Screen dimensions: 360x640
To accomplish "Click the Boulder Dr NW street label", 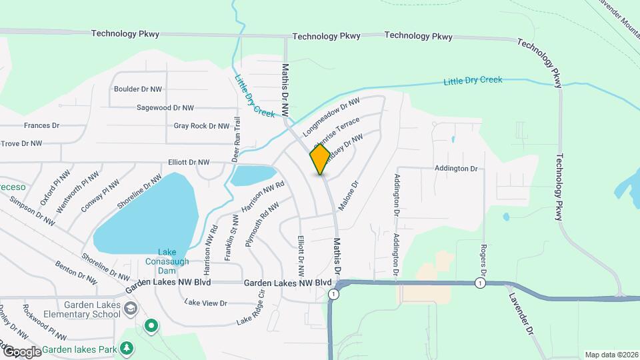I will click(x=138, y=89).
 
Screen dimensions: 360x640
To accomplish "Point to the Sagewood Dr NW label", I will click(x=165, y=107).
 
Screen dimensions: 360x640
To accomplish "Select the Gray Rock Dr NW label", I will click(x=201, y=125).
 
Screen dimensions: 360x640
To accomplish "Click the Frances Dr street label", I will click(x=41, y=125).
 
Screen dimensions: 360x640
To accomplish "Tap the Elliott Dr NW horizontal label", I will click(x=189, y=162).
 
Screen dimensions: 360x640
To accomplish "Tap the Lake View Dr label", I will click(x=206, y=303).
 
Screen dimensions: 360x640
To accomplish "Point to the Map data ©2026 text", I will click(x=611, y=355).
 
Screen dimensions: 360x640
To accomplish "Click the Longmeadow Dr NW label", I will click(x=331, y=118).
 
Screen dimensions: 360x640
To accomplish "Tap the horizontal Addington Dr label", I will click(x=456, y=169).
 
